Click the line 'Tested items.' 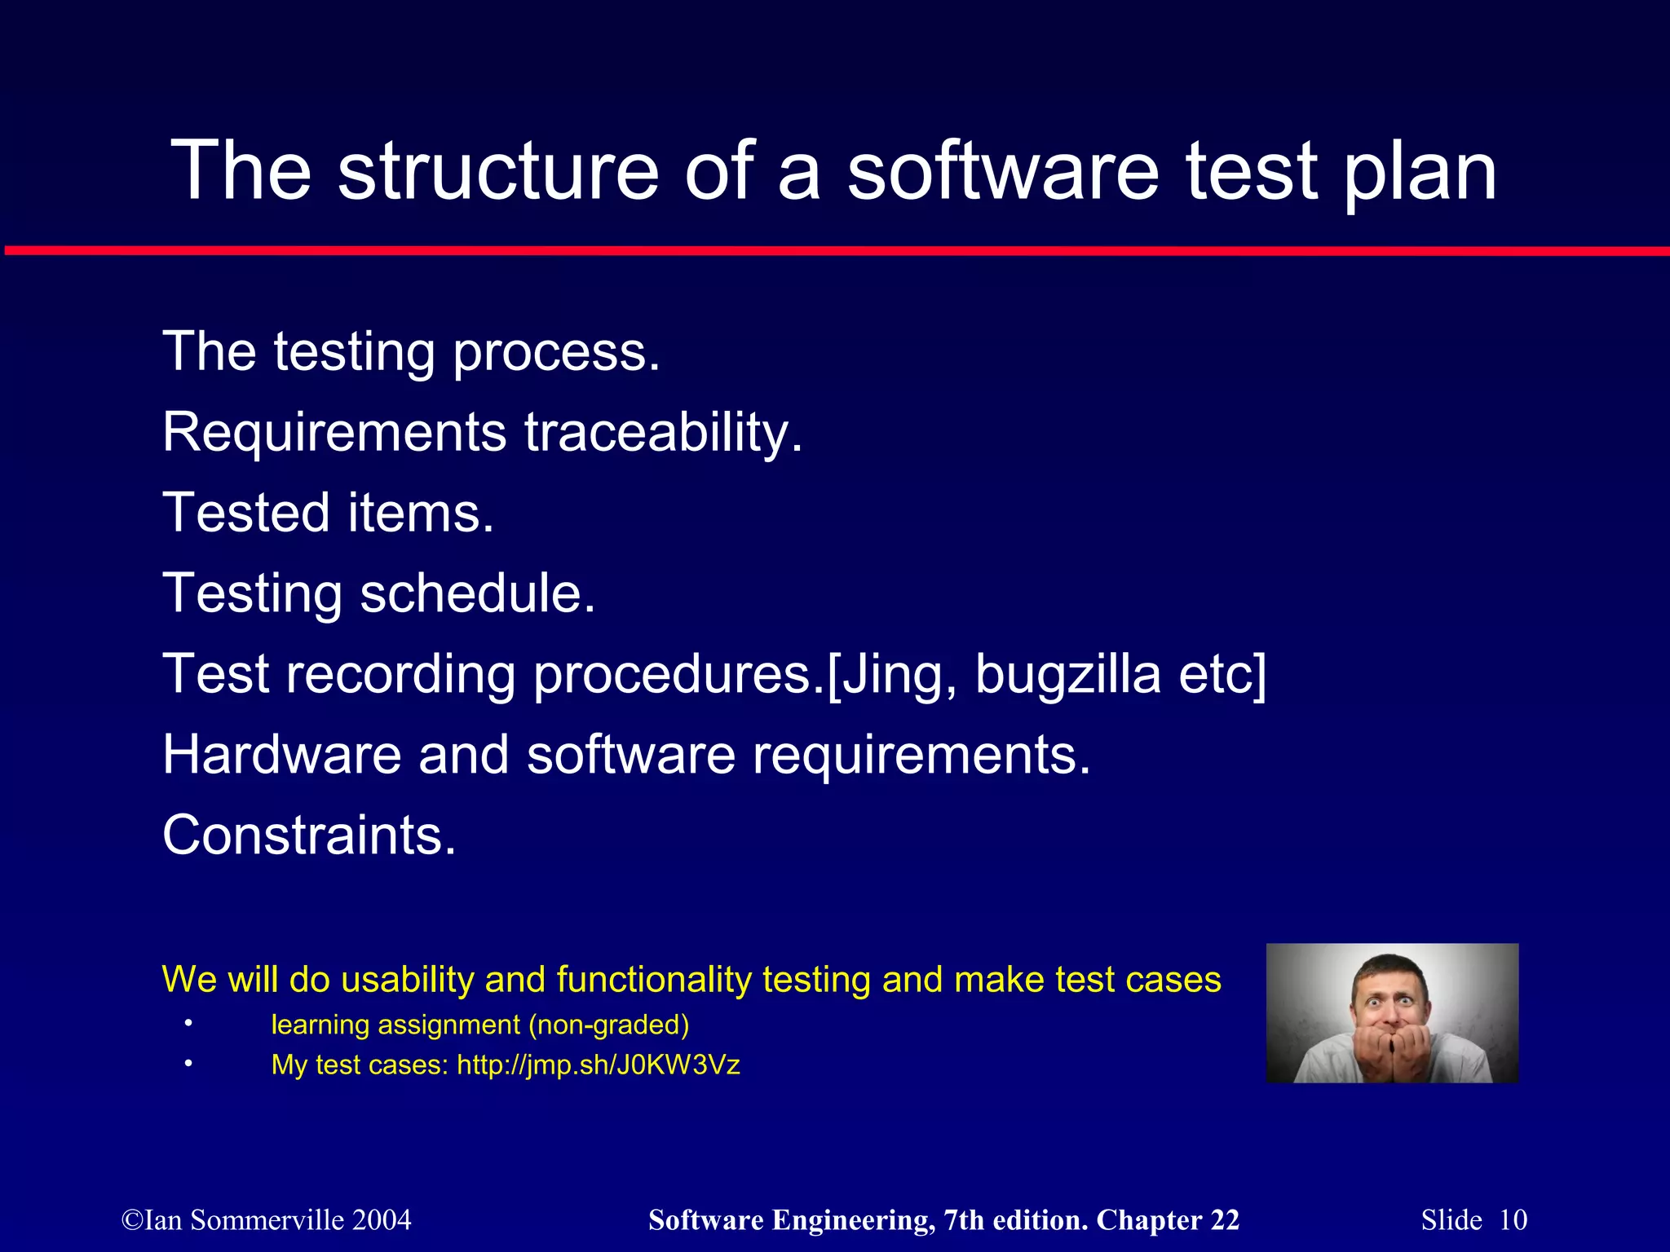pos(329,513)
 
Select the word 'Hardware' pos(281,754)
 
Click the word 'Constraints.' pos(309,835)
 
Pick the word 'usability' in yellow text pos(407,979)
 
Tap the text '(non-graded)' pos(608,1025)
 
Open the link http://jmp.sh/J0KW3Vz pos(598,1065)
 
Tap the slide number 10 pos(1513,1220)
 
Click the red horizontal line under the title pos(835,251)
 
